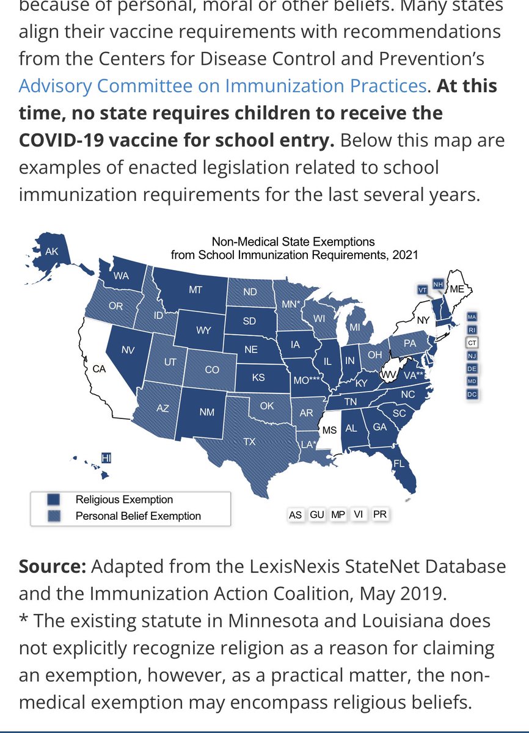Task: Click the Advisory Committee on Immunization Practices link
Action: click(222, 85)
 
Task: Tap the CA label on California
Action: click(99, 369)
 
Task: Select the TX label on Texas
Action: click(249, 442)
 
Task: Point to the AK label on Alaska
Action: click(52, 251)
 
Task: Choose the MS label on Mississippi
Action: click(329, 430)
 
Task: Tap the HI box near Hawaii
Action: click(106, 457)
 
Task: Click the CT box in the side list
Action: click(472, 343)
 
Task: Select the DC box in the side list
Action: click(472, 395)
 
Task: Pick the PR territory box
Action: click(379, 515)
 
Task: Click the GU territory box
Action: click(316, 515)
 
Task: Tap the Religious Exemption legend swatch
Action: click(53, 500)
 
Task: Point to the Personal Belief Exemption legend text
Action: click(138, 516)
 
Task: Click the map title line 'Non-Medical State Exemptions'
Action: click(293, 242)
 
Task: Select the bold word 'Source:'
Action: click(52, 566)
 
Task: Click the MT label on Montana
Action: click(195, 290)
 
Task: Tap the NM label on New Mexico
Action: click(207, 412)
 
